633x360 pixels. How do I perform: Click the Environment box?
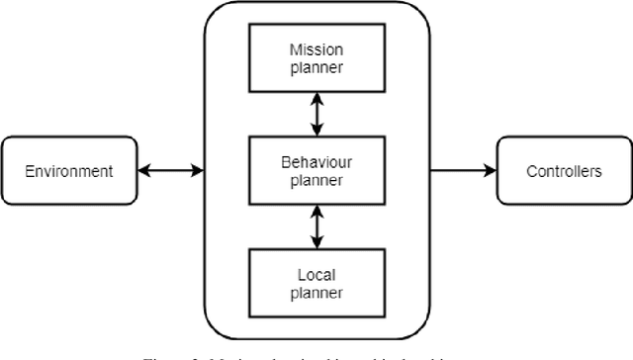click(69, 171)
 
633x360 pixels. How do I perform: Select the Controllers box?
click(564, 171)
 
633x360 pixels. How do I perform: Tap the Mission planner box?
click(316, 58)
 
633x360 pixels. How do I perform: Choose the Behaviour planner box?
click(316, 171)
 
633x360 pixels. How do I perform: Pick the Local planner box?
click(316, 283)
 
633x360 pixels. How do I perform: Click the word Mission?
click(316, 49)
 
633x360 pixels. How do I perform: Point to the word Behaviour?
click(316, 162)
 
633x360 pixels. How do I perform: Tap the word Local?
click(316, 274)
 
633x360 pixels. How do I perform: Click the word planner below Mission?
click(316, 67)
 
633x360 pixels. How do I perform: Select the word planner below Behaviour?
click(316, 180)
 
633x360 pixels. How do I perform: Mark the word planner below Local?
click(316, 292)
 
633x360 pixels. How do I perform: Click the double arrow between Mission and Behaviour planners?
click(316, 115)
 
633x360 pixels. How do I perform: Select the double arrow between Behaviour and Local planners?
click(316, 226)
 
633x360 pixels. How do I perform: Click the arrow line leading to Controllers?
click(460, 171)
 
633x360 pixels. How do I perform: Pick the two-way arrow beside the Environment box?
click(169, 171)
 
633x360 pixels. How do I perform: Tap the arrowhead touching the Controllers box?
click(490, 171)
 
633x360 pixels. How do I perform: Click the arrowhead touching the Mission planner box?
click(316, 97)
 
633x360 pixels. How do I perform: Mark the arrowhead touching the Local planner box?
click(316, 244)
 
